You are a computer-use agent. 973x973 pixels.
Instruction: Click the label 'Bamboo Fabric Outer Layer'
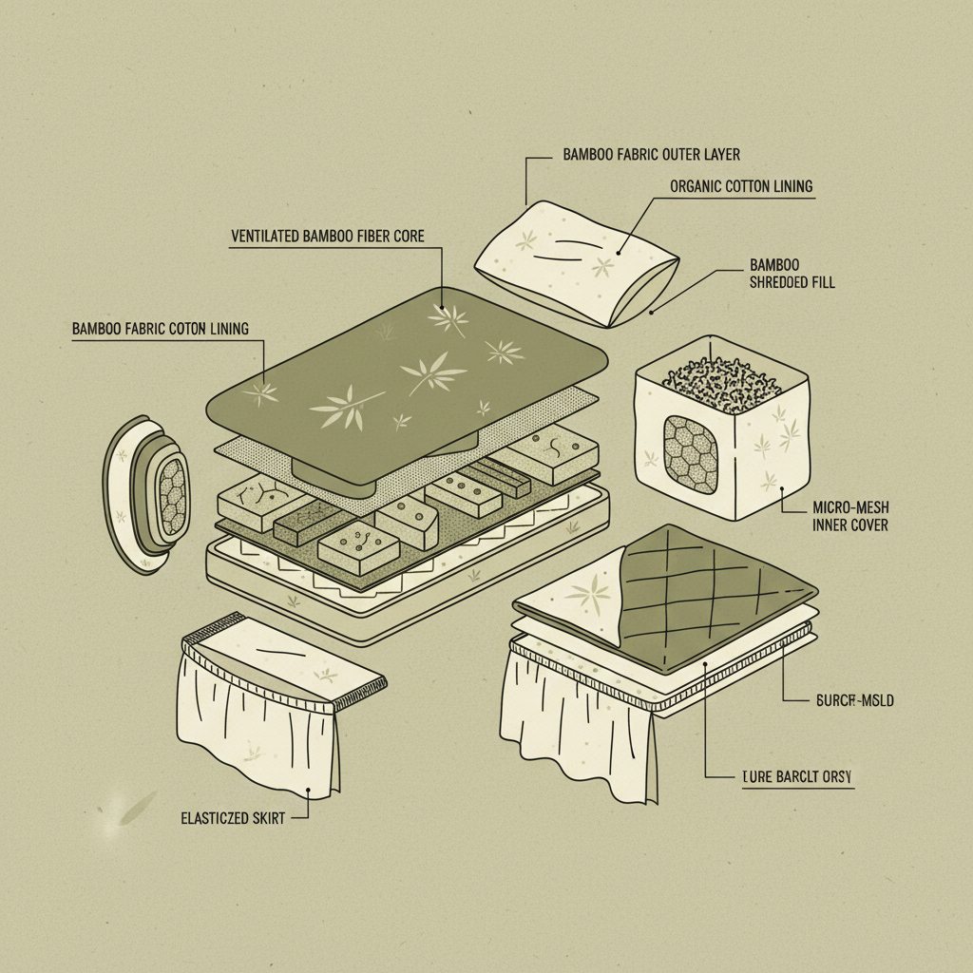651,154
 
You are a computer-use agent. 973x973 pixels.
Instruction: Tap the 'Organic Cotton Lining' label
741,186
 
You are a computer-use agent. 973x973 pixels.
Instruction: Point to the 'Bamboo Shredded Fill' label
792,274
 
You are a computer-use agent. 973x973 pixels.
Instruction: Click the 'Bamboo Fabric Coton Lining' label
160,329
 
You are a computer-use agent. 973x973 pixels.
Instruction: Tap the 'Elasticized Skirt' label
233,817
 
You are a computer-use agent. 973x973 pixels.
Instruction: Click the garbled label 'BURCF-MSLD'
854,701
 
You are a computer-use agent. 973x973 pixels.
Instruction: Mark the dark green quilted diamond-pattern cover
713,594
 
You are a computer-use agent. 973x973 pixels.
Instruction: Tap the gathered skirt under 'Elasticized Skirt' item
257,722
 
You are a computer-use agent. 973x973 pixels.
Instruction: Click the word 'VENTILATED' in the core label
265,235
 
